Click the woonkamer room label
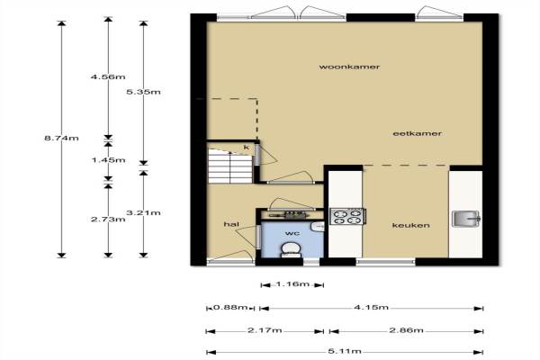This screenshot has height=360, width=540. pos(349,67)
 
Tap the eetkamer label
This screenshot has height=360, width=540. pos(417,133)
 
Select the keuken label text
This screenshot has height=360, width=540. pos(411,225)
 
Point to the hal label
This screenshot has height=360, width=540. pos(231,224)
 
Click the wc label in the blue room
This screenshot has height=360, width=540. pos(292,233)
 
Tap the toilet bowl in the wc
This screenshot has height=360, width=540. pos(291,249)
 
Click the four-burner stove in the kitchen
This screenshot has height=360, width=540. pos(347,217)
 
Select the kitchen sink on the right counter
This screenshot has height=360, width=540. pos(466,219)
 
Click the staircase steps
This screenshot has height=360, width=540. pos(230,166)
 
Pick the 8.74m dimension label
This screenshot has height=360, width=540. pos(61,138)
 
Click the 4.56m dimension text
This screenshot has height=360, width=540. pos(108,76)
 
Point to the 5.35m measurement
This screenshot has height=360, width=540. pos(143,92)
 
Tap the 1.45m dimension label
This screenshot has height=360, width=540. pos(109,160)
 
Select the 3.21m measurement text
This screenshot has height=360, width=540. pos(143,212)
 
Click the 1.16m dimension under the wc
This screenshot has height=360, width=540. pos(292,284)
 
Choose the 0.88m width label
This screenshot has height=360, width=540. pos(230,307)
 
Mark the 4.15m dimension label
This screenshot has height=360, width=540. pos(371,307)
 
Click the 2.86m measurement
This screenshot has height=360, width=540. pos(407,330)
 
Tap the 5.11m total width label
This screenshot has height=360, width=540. pos(345,351)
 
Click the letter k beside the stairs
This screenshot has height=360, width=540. pos(247,148)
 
